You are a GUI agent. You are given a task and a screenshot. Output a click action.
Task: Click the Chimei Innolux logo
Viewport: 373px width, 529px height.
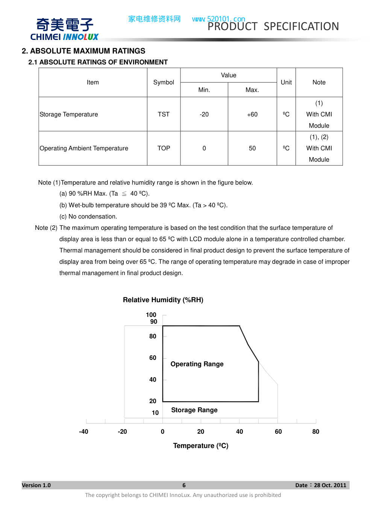pyautogui.click(x=64, y=29)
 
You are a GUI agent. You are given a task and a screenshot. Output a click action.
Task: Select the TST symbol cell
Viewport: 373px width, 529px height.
pyautogui.click(x=164, y=114)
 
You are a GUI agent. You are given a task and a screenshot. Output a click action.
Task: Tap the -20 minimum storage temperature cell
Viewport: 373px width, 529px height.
pyautogui.click(x=204, y=114)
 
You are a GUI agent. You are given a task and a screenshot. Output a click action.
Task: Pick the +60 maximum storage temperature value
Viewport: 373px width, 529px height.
pyautogui.click(x=252, y=114)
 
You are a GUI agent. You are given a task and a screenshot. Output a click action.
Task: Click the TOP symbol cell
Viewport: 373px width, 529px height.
pyautogui.click(x=164, y=148)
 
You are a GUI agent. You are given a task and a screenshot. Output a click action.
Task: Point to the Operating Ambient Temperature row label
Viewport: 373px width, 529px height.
pyautogui.click(x=84, y=148)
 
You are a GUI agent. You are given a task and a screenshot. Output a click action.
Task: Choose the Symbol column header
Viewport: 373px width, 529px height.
pyautogui.click(x=164, y=82)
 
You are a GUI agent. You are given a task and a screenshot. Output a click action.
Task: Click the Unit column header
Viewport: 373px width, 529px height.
pyautogui.click(x=286, y=82)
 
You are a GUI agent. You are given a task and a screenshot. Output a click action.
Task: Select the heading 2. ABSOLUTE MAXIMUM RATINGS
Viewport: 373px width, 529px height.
pyautogui.click(x=83, y=51)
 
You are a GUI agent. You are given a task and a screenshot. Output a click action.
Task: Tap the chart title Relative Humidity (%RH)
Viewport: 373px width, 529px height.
pyautogui.click(x=163, y=300)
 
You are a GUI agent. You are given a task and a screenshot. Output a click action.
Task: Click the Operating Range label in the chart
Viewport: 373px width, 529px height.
pyautogui.click(x=197, y=364)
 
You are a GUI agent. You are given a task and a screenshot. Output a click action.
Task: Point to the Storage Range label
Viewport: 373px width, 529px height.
pyautogui.click(x=194, y=410)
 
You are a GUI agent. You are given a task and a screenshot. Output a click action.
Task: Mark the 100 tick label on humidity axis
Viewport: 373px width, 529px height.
pyautogui.click(x=151, y=315)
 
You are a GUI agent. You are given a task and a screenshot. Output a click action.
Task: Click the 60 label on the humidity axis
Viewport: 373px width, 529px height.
pyautogui.click(x=153, y=358)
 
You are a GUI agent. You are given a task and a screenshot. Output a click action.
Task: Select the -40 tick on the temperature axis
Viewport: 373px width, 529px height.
pyautogui.click(x=83, y=431)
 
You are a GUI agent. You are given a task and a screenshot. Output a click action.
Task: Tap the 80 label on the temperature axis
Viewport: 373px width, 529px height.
pyautogui.click(x=316, y=431)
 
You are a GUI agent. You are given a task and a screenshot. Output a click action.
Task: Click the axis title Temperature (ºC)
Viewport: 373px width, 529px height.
pyautogui.click(x=201, y=446)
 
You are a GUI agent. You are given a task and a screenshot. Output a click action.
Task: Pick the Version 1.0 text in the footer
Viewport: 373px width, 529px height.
pyautogui.click(x=36, y=485)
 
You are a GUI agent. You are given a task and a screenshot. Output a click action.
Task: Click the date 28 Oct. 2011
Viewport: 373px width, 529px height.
pyautogui.click(x=330, y=485)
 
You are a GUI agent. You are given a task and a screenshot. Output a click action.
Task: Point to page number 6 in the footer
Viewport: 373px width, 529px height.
pyautogui.click(x=184, y=485)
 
